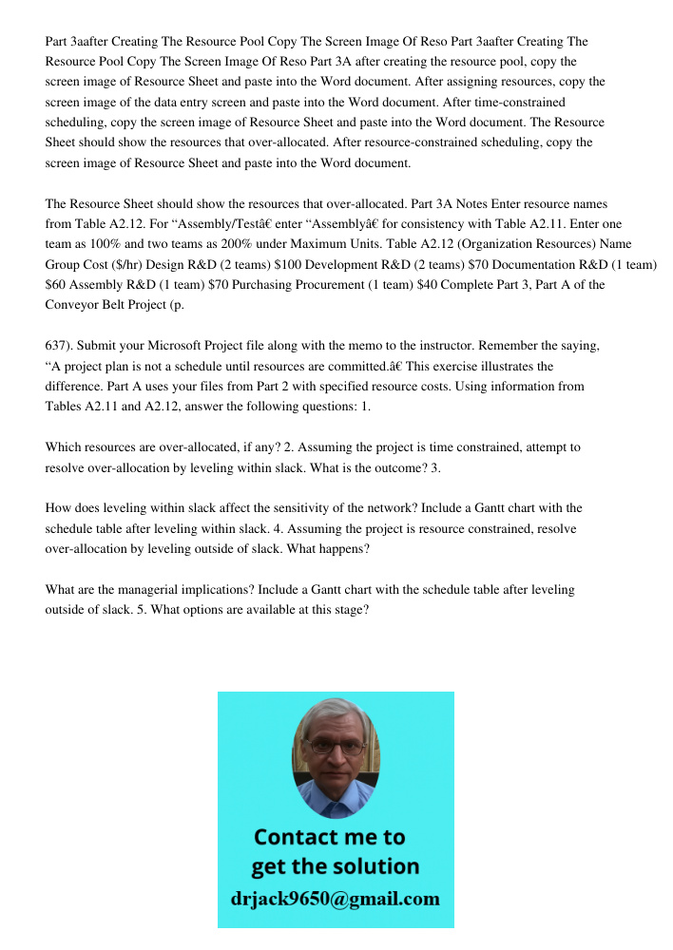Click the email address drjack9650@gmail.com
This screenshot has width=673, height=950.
pos(335,899)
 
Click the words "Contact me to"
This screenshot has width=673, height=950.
pos(329,837)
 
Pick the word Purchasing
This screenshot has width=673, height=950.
pos(232,284)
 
